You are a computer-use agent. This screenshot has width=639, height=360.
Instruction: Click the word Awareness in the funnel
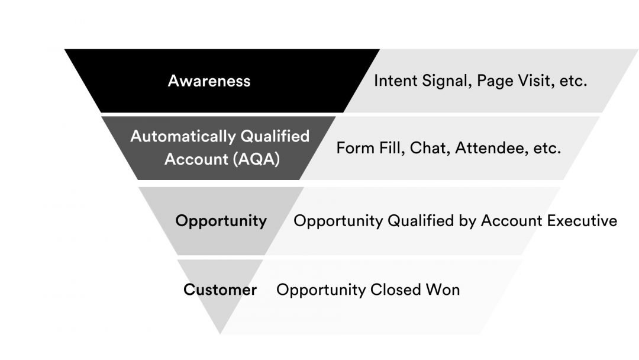tap(209, 81)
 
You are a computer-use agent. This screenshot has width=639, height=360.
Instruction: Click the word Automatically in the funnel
tap(183, 137)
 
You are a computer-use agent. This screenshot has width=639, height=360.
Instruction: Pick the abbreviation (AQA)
tap(257, 159)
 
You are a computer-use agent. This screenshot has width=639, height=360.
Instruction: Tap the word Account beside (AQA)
tap(196, 159)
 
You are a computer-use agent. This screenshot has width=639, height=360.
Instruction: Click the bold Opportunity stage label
tap(221, 221)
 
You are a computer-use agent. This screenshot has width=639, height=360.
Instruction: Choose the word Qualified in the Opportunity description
tap(421, 221)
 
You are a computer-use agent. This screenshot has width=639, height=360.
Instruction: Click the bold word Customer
tap(220, 290)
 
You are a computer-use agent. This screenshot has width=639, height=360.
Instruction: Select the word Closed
tap(396, 290)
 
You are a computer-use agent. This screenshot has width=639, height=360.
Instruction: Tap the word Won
tap(443, 290)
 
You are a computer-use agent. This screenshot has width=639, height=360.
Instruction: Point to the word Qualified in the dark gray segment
tap(275, 137)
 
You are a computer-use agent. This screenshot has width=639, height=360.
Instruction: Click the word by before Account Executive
tap(467, 221)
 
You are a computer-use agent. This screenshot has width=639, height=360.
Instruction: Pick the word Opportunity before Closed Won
tap(321, 290)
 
